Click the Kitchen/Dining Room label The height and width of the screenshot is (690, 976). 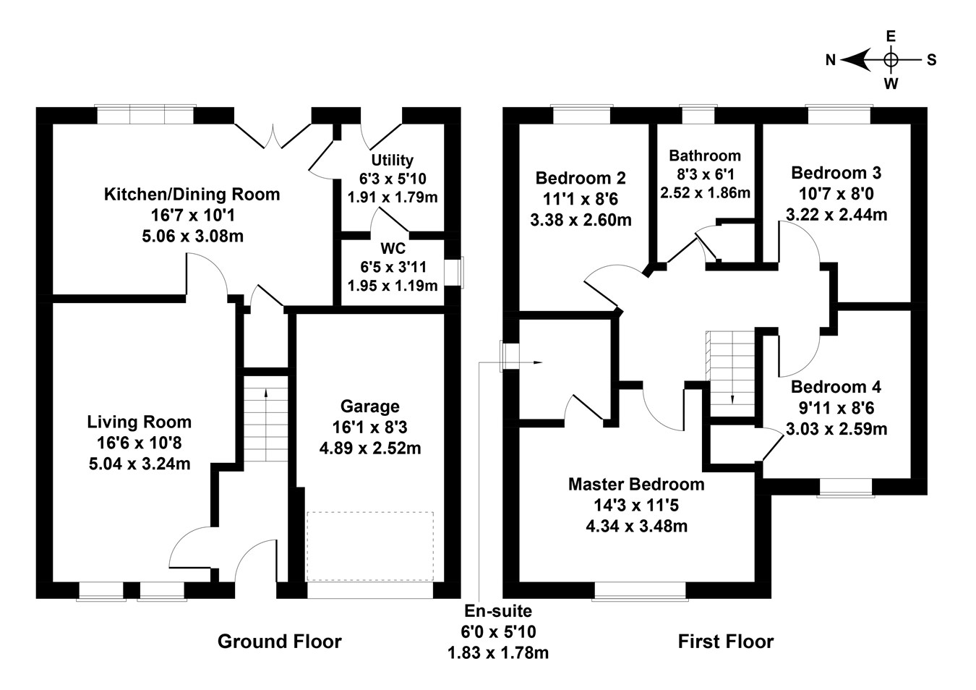(x=192, y=195)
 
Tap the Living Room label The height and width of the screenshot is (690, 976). (x=140, y=422)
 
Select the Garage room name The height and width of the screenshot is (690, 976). (x=370, y=406)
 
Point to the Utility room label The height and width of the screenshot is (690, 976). (x=392, y=160)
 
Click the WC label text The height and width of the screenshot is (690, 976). (x=393, y=249)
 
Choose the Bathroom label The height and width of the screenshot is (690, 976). (x=705, y=156)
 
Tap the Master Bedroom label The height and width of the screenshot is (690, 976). (x=636, y=485)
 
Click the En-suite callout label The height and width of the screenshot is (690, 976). (x=498, y=611)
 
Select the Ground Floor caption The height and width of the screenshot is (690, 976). (x=280, y=642)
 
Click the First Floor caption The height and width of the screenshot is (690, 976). (x=726, y=642)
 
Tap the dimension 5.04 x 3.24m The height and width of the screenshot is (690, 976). (x=140, y=464)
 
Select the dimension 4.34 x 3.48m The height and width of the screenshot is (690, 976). (x=637, y=526)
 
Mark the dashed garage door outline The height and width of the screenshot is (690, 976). (x=370, y=546)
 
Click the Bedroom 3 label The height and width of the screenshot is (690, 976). (x=836, y=173)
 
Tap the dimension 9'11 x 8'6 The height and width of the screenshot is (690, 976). (x=836, y=408)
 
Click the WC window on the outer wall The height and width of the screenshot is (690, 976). (x=454, y=273)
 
